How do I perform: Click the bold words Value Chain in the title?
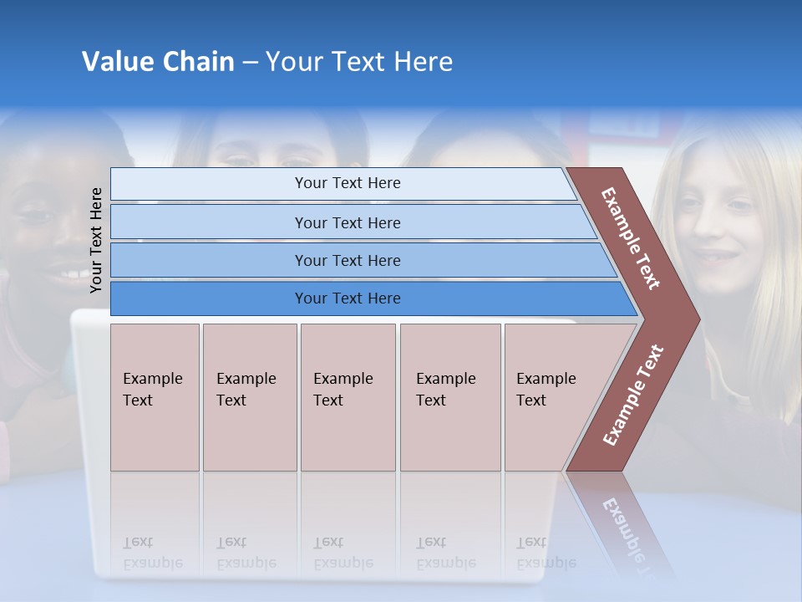[158, 62]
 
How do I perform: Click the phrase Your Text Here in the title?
[359, 62]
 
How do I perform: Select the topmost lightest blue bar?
[347, 183]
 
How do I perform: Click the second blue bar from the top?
[347, 222]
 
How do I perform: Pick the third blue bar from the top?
[347, 260]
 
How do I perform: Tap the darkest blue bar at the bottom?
[347, 298]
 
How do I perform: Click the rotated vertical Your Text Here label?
[96, 240]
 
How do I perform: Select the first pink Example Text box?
[155, 397]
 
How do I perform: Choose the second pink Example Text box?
[249, 397]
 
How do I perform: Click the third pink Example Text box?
[348, 397]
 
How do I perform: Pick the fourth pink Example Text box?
[449, 397]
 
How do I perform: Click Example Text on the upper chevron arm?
[631, 238]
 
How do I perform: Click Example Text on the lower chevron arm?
[633, 395]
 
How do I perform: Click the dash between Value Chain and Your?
[250, 63]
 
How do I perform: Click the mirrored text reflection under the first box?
[153, 553]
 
